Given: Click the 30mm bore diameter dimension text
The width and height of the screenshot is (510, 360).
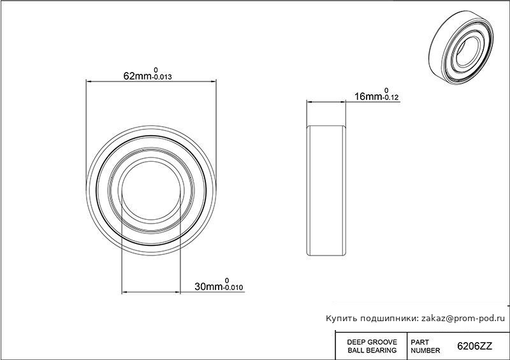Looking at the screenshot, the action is pos(208,287).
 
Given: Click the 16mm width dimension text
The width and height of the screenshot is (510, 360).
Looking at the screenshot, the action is pos(368,96).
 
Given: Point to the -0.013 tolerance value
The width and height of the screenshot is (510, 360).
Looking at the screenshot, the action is pos(162,77).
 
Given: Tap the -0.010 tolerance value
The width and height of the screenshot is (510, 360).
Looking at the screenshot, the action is pos(233,287).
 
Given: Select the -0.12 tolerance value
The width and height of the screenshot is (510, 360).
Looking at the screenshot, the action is pos(390,97).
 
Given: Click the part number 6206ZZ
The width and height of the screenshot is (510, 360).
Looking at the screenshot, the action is pos(474,346).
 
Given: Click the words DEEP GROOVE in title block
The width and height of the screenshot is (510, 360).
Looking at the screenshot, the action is pos(372,342).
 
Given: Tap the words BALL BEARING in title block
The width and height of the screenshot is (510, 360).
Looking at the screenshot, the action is pos(372,350).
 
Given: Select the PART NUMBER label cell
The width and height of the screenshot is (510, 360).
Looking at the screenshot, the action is pos(425,347).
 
